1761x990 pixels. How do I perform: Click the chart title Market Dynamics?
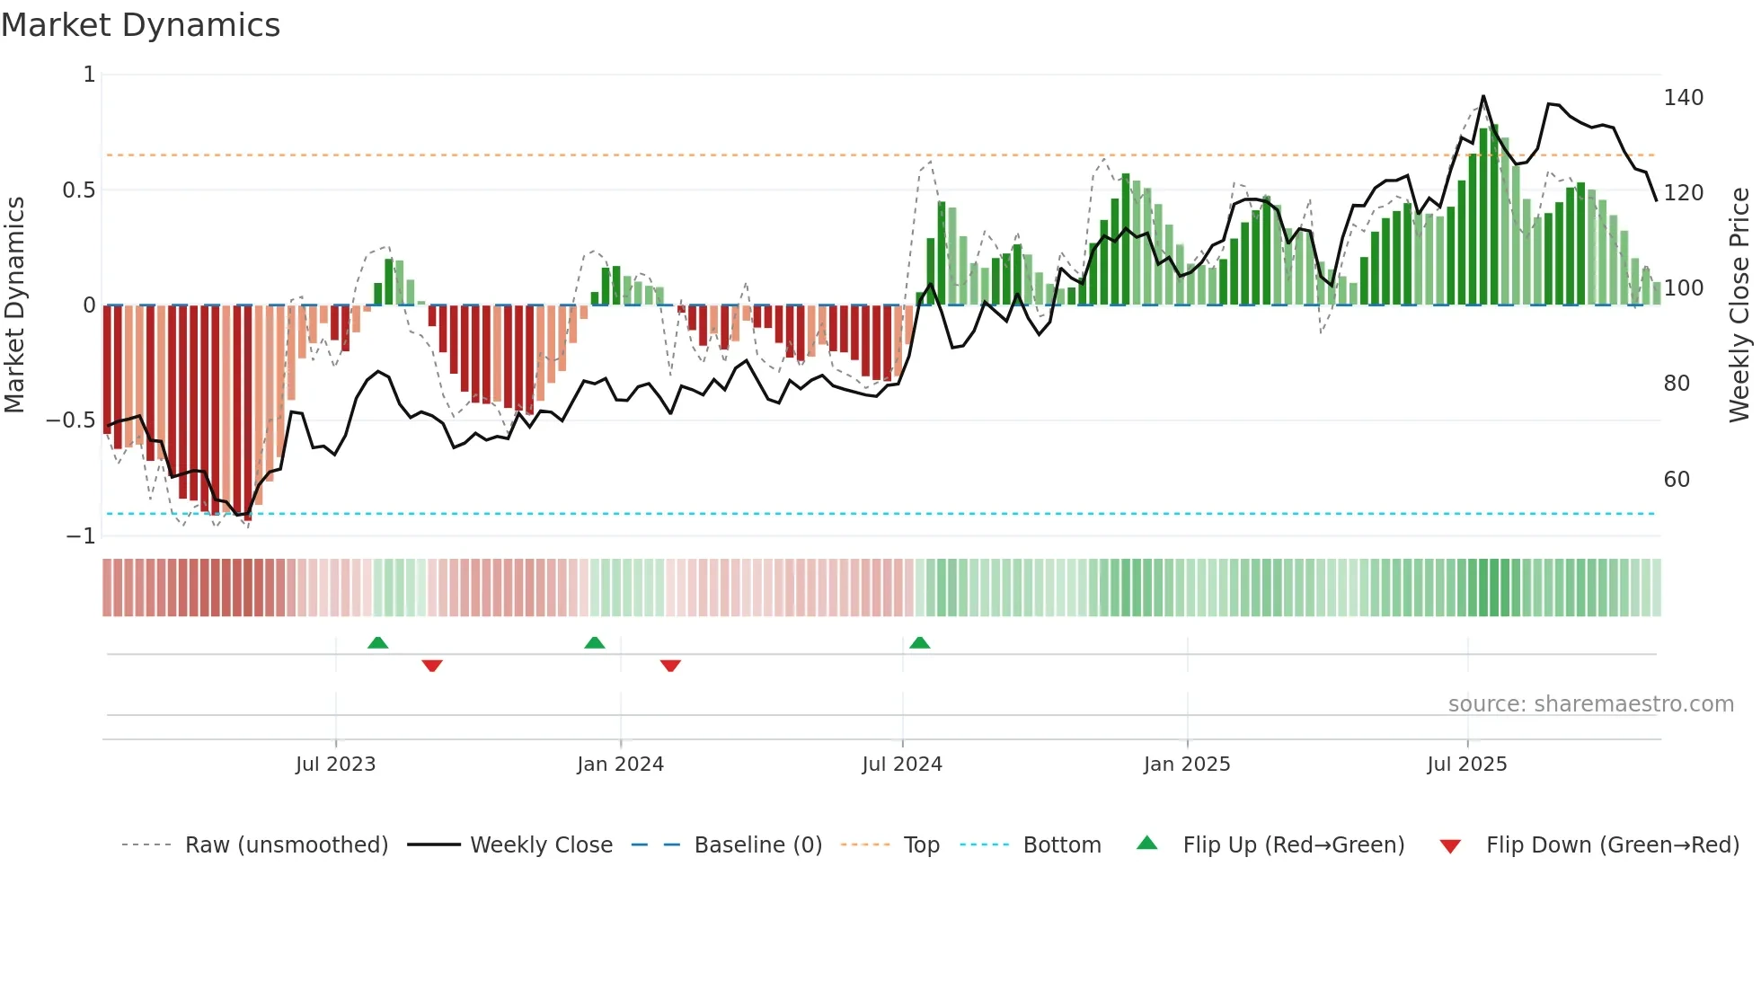pyautogui.click(x=141, y=25)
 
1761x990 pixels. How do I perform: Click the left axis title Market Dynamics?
pyautogui.click(x=14, y=305)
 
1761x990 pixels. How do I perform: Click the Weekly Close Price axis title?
pyautogui.click(x=1739, y=305)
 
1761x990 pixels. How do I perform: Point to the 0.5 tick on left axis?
pyautogui.click(x=79, y=190)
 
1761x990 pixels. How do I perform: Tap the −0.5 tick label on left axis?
pyautogui.click(x=71, y=420)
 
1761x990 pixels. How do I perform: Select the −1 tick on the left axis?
pyautogui.click(x=81, y=536)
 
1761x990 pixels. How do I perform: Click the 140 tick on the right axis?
pyautogui.click(x=1683, y=98)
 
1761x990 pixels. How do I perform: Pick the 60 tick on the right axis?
pyautogui.click(x=1677, y=480)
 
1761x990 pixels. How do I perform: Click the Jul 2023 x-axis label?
pyautogui.click(x=336, y=765)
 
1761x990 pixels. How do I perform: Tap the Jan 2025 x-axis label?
pyautogui.click(x=1187, y=765)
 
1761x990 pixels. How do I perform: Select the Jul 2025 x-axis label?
pyautogui.click(x=1467, y=765)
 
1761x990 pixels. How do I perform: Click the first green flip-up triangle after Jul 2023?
pyautogui.click(x=378, y=642)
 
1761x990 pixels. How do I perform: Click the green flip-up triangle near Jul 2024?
pyautogui.click(x=919, y=642)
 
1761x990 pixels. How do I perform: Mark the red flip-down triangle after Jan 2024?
pyautogui.click(x=670, y=666)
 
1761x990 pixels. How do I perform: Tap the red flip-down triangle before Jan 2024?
pyautogui.click(x=432, y=666)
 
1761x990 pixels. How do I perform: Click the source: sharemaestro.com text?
pyautogui.click(x=1590, y=704)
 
